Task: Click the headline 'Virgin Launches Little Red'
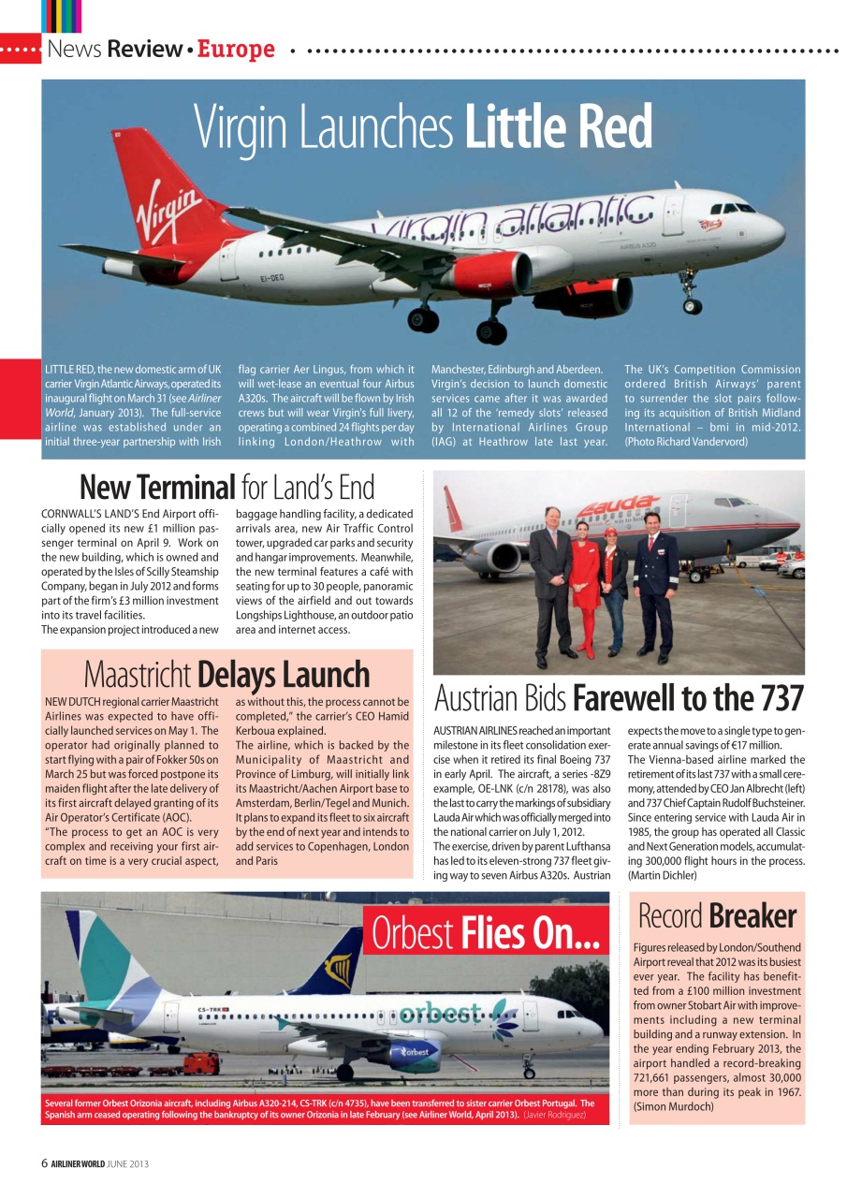click(423, 126)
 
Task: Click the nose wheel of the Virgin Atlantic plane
click(692, 305)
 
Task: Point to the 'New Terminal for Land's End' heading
click(226, 488)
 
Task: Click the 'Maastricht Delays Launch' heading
click(226, 674)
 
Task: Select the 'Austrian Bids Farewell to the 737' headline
click(619, 698)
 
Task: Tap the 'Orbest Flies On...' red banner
click(485, 933)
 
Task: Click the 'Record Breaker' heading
click(716, 915)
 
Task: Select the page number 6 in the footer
click(44, 1163)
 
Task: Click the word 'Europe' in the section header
click(236, 50)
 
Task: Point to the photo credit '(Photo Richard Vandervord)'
click(686, 441)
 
